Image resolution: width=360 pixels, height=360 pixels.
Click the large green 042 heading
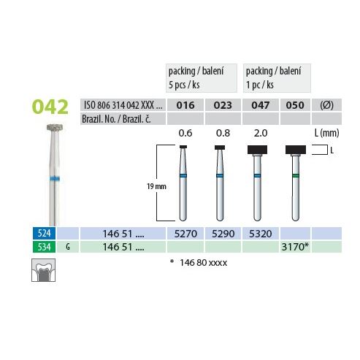tap(50, 107)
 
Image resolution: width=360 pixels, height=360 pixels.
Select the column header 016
tap(185, 105)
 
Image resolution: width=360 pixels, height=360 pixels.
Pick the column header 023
tap(223, 105)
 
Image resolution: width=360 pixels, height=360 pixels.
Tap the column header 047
tap(260, 105)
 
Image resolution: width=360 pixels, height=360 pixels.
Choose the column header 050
tap(295, 105)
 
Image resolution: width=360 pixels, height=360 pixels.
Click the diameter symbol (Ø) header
tap(326, 105)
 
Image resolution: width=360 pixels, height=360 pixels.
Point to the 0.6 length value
tap(185, 133)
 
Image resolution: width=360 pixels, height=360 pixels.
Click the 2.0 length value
tap(261, 133)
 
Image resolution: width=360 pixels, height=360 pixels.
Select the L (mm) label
tap(326, 133)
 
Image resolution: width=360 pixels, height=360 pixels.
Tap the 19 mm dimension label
tap(156, 186)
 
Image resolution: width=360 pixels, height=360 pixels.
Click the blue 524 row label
tap(44, 233)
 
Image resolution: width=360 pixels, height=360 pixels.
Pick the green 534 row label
tap(44, 247)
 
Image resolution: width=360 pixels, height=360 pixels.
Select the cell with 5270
tap(185, 234)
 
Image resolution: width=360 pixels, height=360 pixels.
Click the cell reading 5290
tap(223, 234)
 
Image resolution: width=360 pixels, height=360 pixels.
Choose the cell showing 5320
tap(260, 234)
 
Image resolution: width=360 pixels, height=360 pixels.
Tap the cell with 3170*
tap(295, 247)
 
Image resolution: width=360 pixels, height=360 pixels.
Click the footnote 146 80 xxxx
tap(203, 263)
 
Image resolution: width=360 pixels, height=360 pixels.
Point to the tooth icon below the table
tap(44, 270)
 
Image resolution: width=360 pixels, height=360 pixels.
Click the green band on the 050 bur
tap(296, 176)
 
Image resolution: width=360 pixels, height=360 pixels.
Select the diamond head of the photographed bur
tap(55, 127)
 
